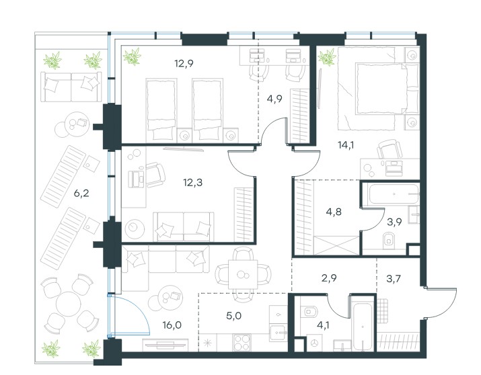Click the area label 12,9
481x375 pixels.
(x=184, y=64)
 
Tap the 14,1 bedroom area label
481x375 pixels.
(x=346, y=144)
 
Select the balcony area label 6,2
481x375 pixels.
(x=81, y=194)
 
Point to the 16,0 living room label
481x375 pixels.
(x=172, y=325)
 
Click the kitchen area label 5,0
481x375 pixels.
(x=233, y=316)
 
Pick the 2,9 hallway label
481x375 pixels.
(x=329, y=278)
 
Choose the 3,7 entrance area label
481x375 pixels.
(x=394, y=279)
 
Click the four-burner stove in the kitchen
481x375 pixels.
(x=242, y=342)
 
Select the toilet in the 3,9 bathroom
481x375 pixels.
(x=388, y=239)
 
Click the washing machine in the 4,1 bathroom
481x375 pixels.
(x=314, y=343)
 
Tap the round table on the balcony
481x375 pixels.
(x=69, y=305)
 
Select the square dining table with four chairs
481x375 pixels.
(x=243, y=274)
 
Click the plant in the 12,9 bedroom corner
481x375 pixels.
(x=133, y=56)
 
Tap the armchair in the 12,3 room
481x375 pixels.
(x=155, y=175)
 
